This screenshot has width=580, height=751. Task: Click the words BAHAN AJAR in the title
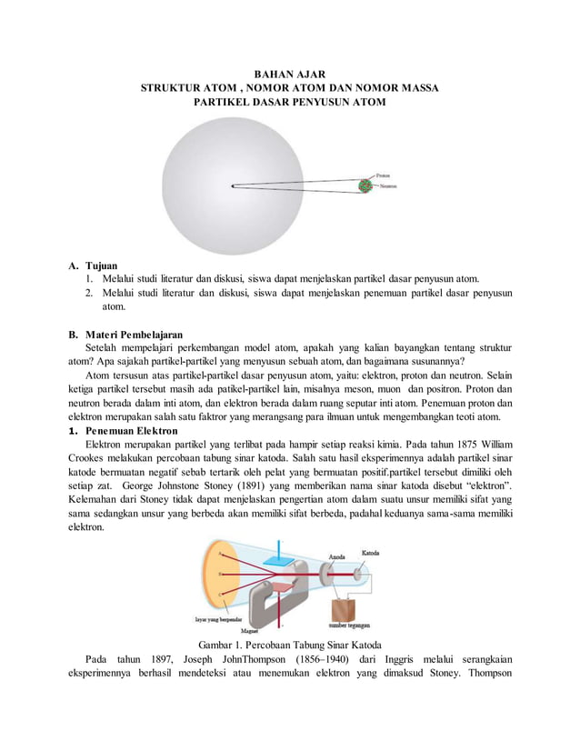289,73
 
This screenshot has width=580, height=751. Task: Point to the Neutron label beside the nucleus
388,186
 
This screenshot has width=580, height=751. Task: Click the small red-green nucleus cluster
365,185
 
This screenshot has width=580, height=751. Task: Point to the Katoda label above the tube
372,552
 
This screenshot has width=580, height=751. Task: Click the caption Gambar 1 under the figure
289,644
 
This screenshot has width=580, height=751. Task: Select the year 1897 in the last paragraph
173,659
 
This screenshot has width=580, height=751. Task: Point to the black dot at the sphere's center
233,186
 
